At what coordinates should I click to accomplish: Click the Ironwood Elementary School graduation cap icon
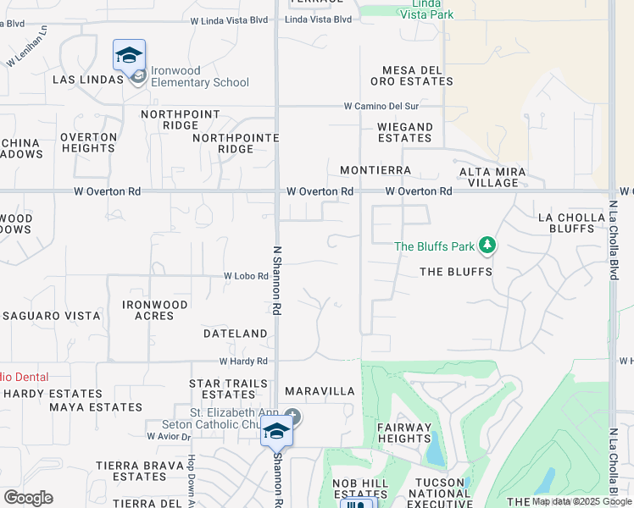(129, 56)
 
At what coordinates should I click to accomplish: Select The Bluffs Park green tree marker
(487, 246)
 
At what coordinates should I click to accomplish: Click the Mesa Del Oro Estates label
(412, 75)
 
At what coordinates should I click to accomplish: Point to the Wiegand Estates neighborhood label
(405, 132)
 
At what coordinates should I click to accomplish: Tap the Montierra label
(375, 170)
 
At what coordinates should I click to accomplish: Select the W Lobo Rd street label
(246, 276)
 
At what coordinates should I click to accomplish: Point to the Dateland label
(236, 334)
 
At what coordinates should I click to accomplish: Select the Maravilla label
(320, 391)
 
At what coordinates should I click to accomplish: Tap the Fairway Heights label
(404, 433)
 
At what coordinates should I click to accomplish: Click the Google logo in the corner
(28, 498)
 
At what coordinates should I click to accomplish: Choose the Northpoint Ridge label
(181, 119)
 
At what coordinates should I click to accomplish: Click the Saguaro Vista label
(51, 316)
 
